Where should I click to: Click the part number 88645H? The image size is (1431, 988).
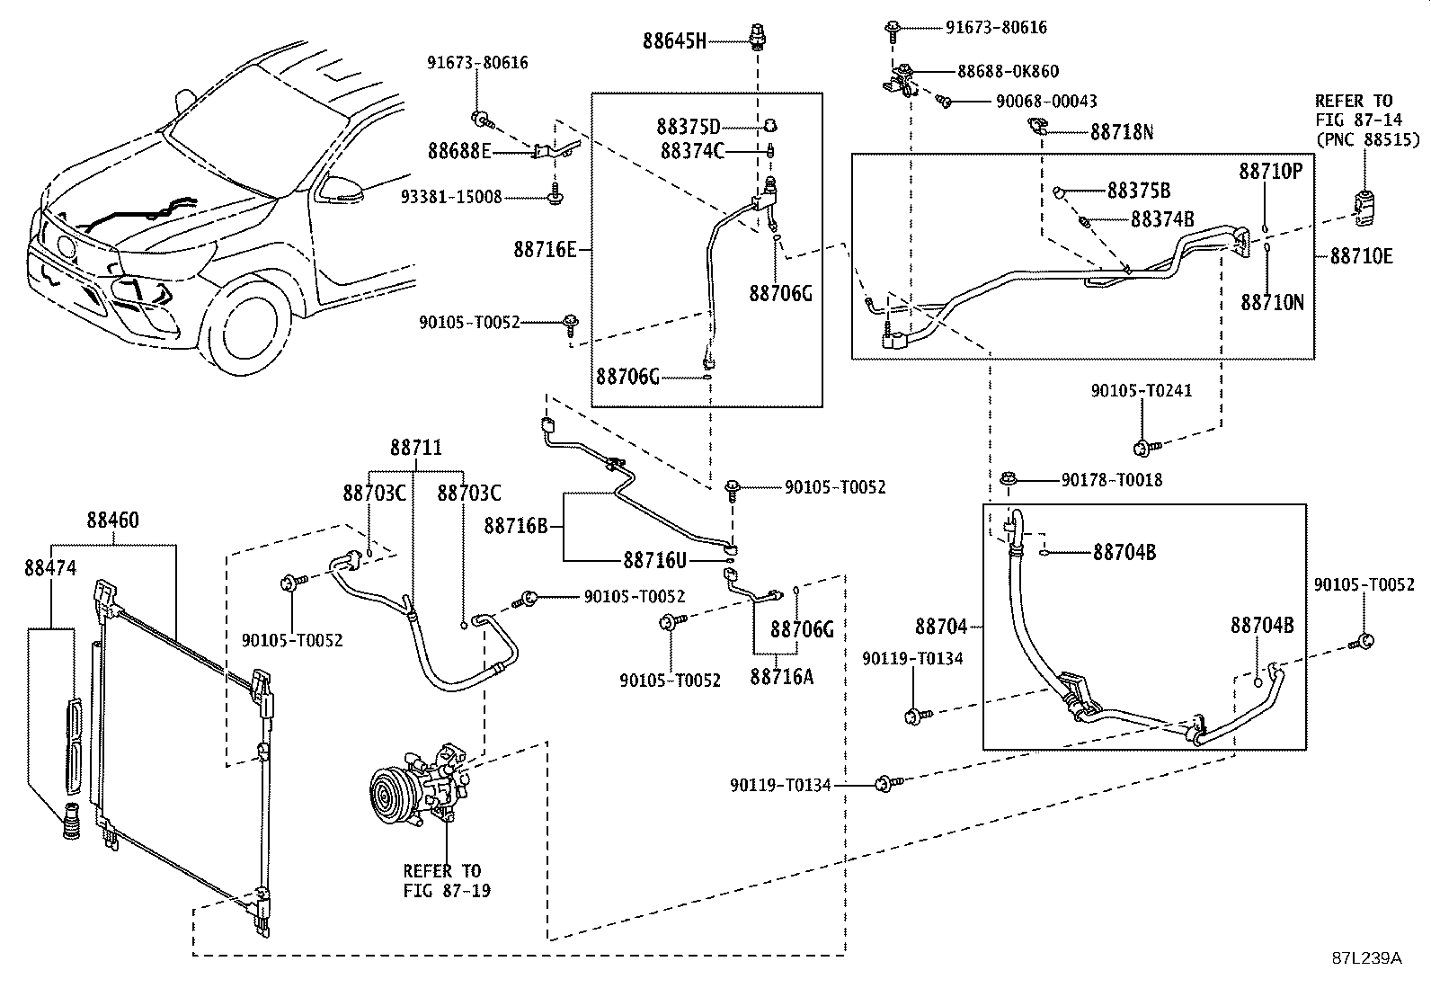(x=674, y=41)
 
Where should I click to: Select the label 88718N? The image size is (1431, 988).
(x=1122, y=132)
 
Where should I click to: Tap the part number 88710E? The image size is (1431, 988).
(x=1362, y=256)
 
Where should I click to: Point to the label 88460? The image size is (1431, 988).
(x=113, y=521)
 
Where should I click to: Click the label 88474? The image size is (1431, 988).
(x=50, y=567)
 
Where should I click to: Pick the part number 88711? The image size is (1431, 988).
(x=416, y=448)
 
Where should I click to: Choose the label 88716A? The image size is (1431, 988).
(x=782, y=677)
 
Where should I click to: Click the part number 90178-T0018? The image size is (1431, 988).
(x=1112, y=480)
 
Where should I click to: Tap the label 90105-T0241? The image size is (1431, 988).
(x=1142, y=390)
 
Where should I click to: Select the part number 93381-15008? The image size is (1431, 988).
(x=451, y=197)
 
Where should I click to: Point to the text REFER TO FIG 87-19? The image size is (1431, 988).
(x=447, y=881)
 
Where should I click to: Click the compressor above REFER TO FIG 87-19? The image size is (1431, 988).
(x=419, y=785)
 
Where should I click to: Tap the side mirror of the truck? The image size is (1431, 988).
(x=341, y=189)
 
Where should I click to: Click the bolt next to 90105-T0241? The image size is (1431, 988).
(x=1146, y=448)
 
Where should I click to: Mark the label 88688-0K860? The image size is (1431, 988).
(x=1009, y=71)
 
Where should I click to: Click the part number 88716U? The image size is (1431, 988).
(x=654, y=560)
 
